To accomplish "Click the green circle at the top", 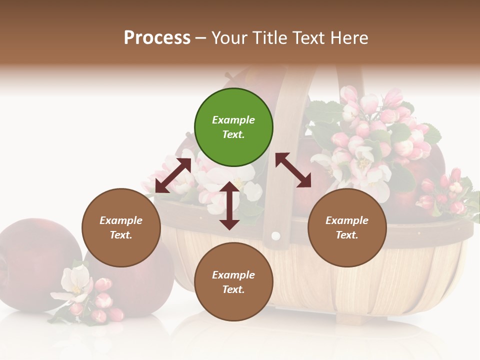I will tap(233, 127).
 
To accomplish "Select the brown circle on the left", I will tap(121, 227).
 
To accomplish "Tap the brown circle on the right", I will tap(347, 227).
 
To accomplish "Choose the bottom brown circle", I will tap(233, 282).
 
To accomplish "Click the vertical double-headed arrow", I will tap(229, 205).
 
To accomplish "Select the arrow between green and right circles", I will tap(293, 170).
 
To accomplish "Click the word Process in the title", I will tap(157, 38).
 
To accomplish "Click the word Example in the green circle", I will tap(233, 120).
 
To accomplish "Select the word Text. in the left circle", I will tap(121, 235).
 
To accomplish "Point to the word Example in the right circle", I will tap(347, 220).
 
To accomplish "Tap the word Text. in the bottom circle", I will tap(233, 289).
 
